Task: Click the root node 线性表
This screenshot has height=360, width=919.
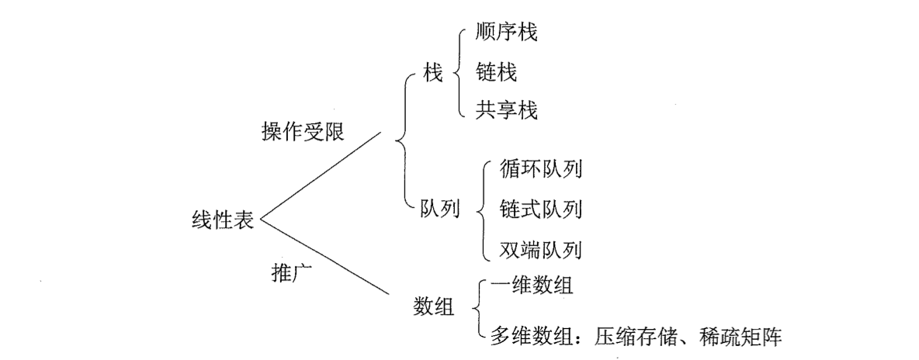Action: pyautogui.click(x=222, y=220)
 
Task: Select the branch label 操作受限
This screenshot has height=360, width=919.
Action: pyautogui.click(x=303, y=132)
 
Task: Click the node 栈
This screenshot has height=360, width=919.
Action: pyautogui.click(x=432, y=74)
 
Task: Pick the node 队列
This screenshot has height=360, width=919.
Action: pyautogui.click(x=439, y=209)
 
